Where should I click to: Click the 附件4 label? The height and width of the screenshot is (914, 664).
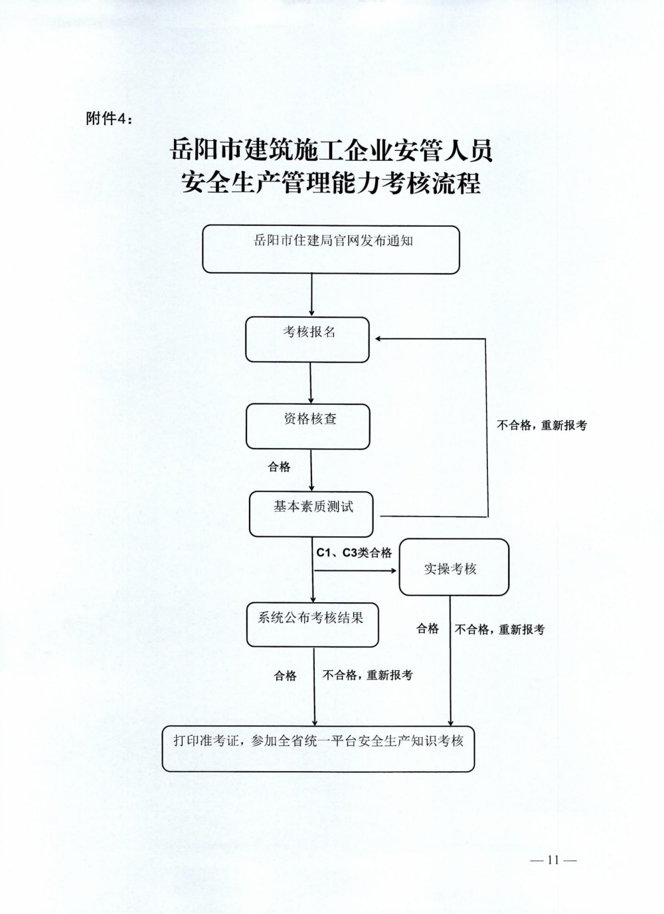pyautogui.click(x=110, y=118)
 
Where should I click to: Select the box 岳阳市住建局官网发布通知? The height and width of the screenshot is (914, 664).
pyautogui.click(x=331, y=249)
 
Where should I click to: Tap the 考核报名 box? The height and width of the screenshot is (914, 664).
pyautogui.click(x=307, y=339)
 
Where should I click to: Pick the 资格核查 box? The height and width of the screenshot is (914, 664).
pyautogui.click(x=307, y=426)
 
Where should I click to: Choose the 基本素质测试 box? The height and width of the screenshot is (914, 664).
pyautogui.click(x=311, y=514)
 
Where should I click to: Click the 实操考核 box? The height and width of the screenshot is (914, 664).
pyautogui.click(x=454, y=567)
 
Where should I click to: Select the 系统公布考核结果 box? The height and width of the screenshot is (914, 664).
pyautogui.click(x=312, y=624)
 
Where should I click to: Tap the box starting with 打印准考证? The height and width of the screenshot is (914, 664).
pyautogui.click(x=318, y=748)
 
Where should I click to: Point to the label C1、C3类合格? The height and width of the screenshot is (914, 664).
pyautogui.click(x=354, y=552)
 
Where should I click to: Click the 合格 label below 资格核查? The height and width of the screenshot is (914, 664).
pyautogui.click(x=279, y=467)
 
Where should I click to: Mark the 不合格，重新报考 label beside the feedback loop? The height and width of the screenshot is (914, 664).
pyautogui.click(x=542, y=425)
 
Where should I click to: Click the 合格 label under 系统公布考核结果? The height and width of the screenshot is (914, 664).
pyautogui.click(x=285, y=675)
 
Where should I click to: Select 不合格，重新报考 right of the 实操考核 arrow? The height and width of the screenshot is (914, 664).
pyautogui.click(x=499, y=629)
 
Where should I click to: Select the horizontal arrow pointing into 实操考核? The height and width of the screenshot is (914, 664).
pyautogui.click(x=356, y=570)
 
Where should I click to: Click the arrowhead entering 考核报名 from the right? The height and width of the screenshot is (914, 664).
pyautogui.click(x=378, y=339)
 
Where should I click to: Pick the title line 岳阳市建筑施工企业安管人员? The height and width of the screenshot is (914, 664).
pyautogui.click(x=331, y=151)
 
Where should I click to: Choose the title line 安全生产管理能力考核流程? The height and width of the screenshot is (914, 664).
pyautogui.click(x=331, y=183)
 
